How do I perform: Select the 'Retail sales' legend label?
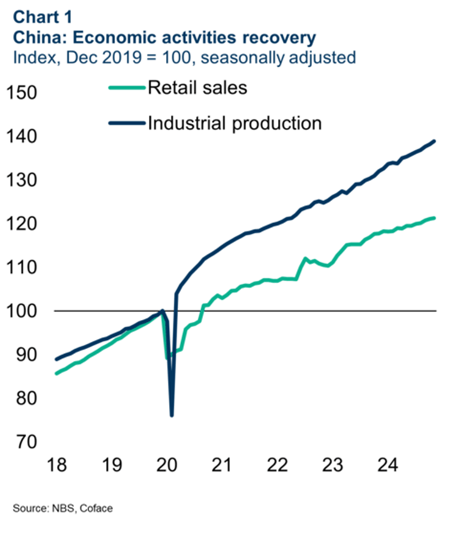coord(197,87)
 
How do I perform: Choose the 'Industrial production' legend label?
coord(234,123)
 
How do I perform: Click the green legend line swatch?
coord(126,88)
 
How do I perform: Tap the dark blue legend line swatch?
coord(126,124)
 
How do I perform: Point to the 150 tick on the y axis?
coord(23,93)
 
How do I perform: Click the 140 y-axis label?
coord(23,136)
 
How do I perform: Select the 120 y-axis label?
coord(23,224)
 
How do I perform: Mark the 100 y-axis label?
coord(23,311)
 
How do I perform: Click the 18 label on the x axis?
coord(54,466)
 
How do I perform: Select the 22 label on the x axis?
coord(277,466)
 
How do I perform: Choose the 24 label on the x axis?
coord(388,466)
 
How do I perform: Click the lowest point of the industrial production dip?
coord(172,416)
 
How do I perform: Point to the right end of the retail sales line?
coord(435,218)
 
